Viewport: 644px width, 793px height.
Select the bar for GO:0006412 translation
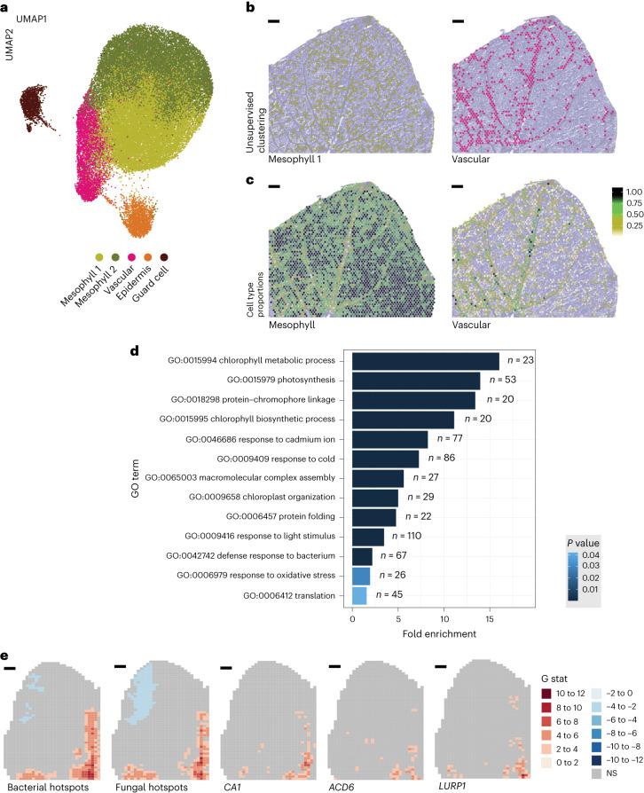click(359, 595)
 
